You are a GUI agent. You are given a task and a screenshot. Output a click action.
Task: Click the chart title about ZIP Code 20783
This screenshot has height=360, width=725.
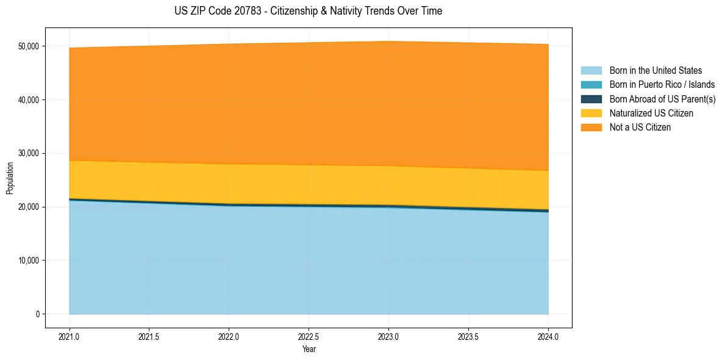click(x=308, y=11)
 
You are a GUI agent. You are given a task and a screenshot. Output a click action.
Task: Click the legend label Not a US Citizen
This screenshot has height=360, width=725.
click(x=640, y=127)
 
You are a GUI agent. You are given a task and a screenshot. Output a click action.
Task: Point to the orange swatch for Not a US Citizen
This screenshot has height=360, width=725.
click(x=591, y=127)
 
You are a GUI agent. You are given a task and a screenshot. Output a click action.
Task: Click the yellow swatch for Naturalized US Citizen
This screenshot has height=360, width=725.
click(x=591, y=113)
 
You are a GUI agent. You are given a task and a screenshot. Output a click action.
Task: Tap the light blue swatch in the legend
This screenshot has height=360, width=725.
click(x=591, y=71)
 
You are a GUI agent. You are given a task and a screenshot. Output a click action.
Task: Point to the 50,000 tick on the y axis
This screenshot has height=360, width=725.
click(x=29, y=46)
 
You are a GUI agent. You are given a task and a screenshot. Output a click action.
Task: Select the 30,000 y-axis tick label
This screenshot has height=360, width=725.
click(x=29, y=153)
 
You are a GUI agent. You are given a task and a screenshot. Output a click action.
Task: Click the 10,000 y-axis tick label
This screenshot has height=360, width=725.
click(x=29, y=261)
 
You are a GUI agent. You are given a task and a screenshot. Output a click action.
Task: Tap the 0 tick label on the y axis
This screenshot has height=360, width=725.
click(x=37, y=314)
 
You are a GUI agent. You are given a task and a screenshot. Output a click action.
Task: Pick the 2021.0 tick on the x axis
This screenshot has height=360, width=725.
click(x=70, y=336)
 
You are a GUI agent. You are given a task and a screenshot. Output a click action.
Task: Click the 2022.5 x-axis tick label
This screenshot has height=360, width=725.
click(x=309, y=336)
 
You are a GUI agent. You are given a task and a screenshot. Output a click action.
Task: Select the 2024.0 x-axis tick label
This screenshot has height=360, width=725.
click(x=548, y=336)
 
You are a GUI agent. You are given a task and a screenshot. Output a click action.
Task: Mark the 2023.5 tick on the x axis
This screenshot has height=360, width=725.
click(x=468, y=336)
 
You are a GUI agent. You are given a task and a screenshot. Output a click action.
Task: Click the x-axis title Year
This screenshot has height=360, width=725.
click(x=309, y=349)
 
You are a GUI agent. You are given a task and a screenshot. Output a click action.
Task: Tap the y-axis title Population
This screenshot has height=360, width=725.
click(x=10, y=178)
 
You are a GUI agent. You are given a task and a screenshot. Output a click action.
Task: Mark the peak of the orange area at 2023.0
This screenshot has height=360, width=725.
click(x=388, y=41)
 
